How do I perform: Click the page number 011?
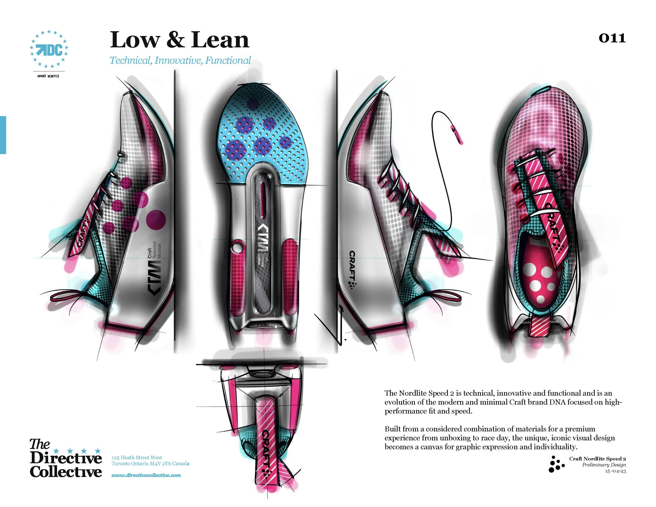coord(612,38)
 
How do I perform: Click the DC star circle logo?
coord(49,49)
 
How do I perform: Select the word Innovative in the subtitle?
coord(179,60)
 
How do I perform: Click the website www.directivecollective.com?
coord(146,475)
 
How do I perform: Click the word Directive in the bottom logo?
coord(66,458)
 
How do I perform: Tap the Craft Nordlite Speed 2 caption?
coord(597,459)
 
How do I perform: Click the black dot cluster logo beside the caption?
coord(556,464)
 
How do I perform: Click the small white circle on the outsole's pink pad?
coord(237,248)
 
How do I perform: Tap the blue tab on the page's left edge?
coord(3,135)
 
